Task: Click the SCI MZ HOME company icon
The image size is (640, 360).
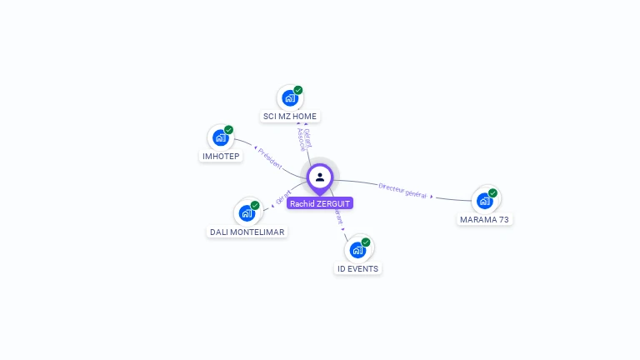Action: click(290, 97)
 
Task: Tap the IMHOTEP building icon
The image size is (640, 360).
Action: click(221, 137)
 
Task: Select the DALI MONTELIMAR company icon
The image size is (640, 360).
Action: click(247, 212)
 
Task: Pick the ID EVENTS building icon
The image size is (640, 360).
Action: click(357, 249)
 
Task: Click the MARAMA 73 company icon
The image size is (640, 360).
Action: click(485, 201)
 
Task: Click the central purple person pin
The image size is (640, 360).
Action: click(320, 177)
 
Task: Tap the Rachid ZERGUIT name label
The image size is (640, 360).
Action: click(320, 203)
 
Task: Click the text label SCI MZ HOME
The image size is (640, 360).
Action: click(290, 117)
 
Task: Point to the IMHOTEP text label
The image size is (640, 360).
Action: click(221, 157)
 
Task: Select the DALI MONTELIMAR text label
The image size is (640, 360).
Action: click(247, 232)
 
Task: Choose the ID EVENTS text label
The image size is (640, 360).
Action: click(357, 268)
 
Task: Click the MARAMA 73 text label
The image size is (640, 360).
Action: click(485, 220)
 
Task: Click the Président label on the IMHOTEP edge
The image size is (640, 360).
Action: click(270, 158)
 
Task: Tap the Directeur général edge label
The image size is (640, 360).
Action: click(403, 190)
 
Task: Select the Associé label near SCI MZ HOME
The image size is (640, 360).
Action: click(301, 140)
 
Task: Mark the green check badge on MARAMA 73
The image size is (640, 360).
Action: click(492, 192)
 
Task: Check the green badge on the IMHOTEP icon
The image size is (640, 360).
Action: click(228, 130)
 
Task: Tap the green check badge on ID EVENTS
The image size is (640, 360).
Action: click(365, 242)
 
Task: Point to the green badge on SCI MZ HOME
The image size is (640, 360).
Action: click(297, 90)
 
